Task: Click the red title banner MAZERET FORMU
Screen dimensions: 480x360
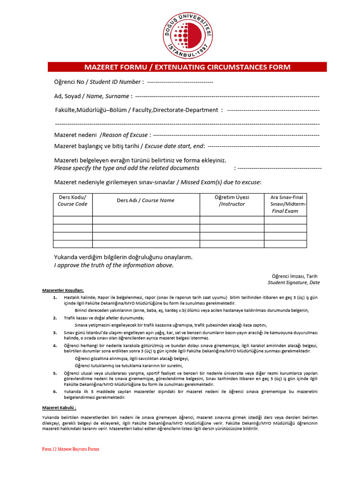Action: pyautogui.click(x=187, y=67)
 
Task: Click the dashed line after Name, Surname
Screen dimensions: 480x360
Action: pyautogui.click(x=227, y=96)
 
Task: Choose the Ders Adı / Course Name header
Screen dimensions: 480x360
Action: pyautogui.click(x=145, y=200)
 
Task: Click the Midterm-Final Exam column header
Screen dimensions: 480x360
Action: pyautogui.click(x=285, y=204)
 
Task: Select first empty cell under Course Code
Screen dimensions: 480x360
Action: pyautogui.click(x=72, y=220)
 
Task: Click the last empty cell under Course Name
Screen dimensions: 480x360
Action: pyautogui.click(x=145, y=244)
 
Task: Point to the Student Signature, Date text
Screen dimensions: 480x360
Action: pyautogui.click(x=293, y=283)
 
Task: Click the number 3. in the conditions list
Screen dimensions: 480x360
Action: pyautogui.click(x=55, y=332)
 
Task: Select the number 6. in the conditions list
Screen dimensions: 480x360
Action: pyautogui.click(x=55, y=391)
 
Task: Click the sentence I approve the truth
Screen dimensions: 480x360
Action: pyautogui.click(x=113, y=265)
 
